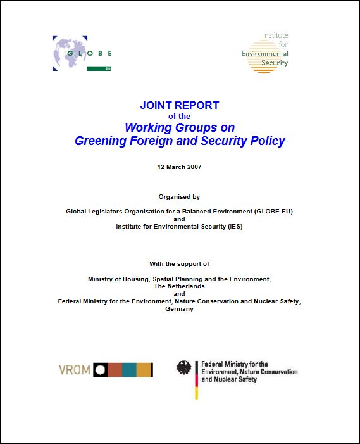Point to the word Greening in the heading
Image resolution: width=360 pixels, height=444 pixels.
pos(100,141)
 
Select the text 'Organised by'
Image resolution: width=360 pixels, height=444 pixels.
pos(179,197)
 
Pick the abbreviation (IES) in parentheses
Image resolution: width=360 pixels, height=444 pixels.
pos(233,226)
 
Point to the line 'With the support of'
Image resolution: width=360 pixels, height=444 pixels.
pos(179,263)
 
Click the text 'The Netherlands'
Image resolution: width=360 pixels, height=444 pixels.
pos(179,286)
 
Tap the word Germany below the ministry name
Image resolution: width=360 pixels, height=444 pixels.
pos(179,309)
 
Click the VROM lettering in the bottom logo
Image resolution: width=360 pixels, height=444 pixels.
pos(75,370)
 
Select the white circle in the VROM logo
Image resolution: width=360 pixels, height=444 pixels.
pos(100,370)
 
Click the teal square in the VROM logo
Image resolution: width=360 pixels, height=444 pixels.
pos(129,370)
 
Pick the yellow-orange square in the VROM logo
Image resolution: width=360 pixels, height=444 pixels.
pos(144,370)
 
